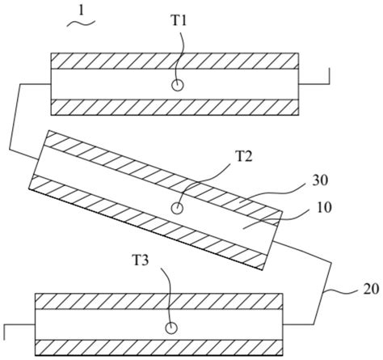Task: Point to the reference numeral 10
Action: pyautogui.click(x=322, y=208)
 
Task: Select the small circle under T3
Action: pyautogui.click(x=170, y=327)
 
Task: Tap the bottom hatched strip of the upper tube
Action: pyautogui.click(x=175, y=108)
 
